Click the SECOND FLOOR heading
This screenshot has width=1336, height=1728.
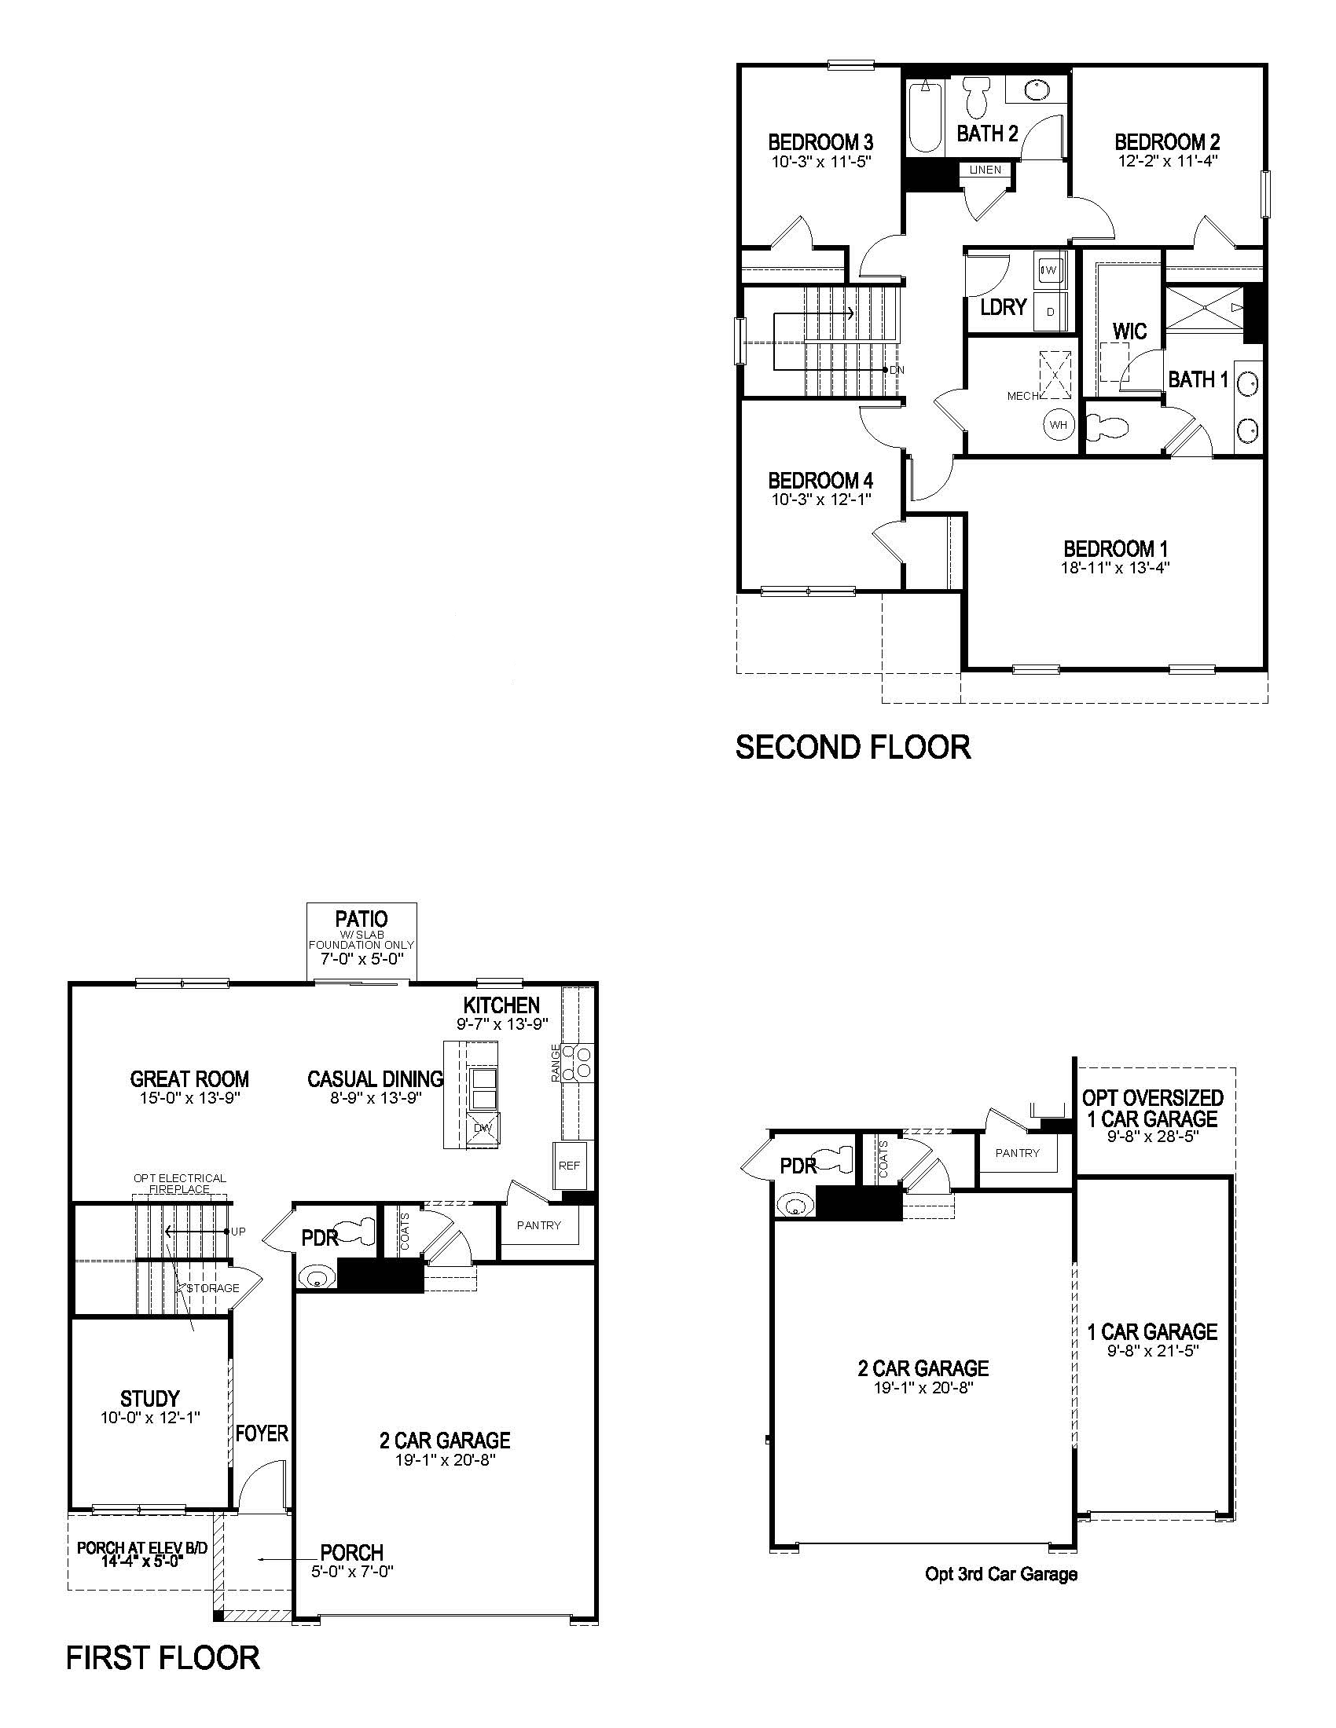[x=853, y=748]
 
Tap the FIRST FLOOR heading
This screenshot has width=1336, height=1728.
[x=162, y=1657]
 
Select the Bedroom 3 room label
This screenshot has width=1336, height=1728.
[x=820, y=142]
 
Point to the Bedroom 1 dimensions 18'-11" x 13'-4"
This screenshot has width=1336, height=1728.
[x=1115, y=567]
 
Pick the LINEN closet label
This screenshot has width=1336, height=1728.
[x=985, y=170]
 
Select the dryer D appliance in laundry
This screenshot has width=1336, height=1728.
[x=1050, y=312]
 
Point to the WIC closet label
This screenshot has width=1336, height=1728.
[x=1129, y=331]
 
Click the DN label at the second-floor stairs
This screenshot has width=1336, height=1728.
[x=896, y=369]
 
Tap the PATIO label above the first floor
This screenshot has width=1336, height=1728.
[x=361, y=919]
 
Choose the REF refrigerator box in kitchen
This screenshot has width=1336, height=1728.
[x=569, y=1166]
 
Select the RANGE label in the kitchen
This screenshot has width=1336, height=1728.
[x=556, y=1062]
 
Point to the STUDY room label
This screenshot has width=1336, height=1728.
[x=149, y=1398]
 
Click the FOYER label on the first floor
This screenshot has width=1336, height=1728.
[x=262, y=1433]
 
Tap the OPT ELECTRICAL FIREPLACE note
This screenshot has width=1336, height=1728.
[x=180, y=1184]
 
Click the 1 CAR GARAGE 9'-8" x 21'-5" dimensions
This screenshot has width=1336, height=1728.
[x=1152, y=1352]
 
